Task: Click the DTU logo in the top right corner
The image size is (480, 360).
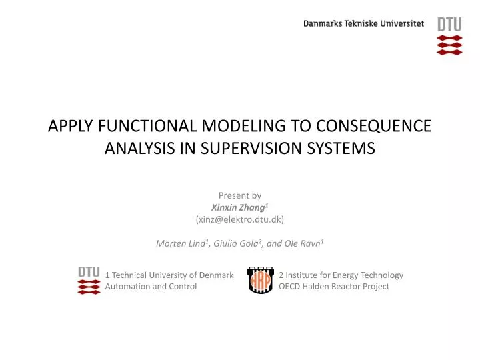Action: (x=449, y=35)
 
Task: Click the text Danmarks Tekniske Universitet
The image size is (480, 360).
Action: (x=363, y=23)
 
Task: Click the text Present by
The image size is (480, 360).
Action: (x=239, y=195)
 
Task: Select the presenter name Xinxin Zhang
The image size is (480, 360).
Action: (x=238, y=207)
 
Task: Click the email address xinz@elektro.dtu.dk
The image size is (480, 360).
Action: (x=240, y=219)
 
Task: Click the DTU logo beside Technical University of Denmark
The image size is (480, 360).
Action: (x=89, y=281)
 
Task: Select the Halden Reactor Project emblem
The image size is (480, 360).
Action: (x=259, y=281)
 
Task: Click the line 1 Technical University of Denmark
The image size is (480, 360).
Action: (x=169, y=275)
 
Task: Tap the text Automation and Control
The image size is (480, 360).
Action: (x=151, y=287)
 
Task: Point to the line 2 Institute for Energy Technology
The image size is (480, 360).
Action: (x=341, y=275)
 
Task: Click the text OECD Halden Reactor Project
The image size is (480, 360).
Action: (x=334, y=287)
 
